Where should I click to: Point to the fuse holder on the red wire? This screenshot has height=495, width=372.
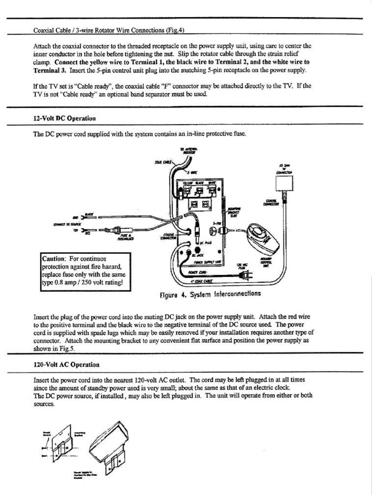(115, 230)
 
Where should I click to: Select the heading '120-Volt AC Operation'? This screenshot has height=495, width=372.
(67, 364)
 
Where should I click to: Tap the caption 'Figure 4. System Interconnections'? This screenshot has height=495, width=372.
(210, 293)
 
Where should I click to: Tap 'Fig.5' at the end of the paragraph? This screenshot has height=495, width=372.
(68, 349)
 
